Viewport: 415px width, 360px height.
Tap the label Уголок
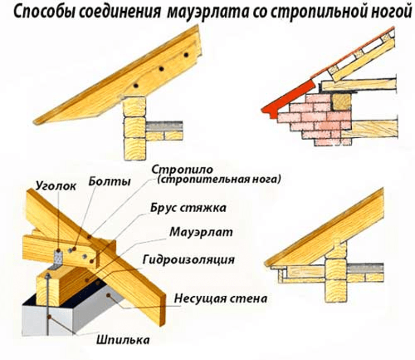pyautogui.click(x=56, y=186)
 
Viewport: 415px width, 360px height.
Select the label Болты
pyautogui.click(x=109, y=181)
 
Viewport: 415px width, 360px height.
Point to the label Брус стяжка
pyautogui.click(x=188, y=208)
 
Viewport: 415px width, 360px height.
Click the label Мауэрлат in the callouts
pyautogui.click(x=201, y=232)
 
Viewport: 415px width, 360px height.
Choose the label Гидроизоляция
pyautogui.click(x=189, y=259)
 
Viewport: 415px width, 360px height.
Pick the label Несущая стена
pyautogui.click(x=221, y=298)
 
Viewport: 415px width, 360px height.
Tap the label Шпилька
pyautogui.click(x=123, y=340)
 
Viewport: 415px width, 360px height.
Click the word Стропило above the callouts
pyautogui.click(x=182, y=170)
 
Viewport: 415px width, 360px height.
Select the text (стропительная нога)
pyautogui.click(x=218, y=179)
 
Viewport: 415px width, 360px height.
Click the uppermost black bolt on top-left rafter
pyautogui.click(x=187, y=55)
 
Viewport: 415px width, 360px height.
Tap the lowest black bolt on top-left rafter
pyautogui.click(x=136, y=86)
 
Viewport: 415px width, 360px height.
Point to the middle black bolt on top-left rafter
pyautogui.click(x=161, y=69)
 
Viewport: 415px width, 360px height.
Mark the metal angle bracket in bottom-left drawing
pyautogui.click(x=58, y=259)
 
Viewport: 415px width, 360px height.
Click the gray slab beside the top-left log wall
pyautogui.click(x=164, y=127)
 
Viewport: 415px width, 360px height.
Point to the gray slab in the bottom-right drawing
pyautogui.click(x=365, y=269)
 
